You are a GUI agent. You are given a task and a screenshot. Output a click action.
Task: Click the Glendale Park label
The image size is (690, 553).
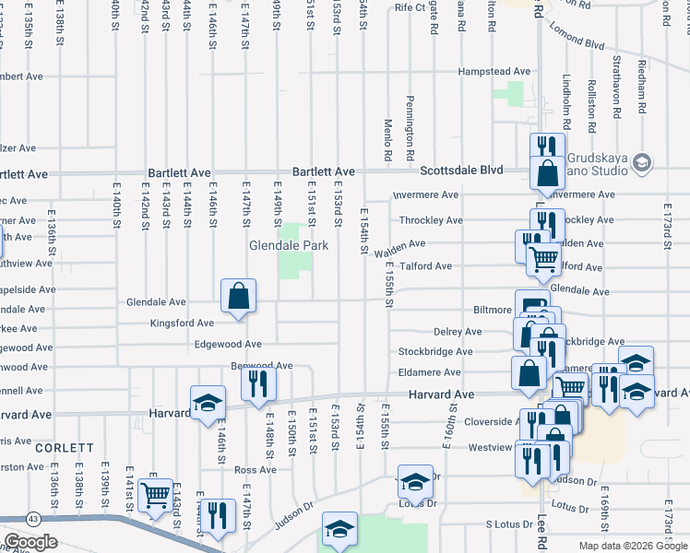click(282, 246)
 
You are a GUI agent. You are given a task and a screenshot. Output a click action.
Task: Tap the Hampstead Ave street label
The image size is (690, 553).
click(494, 71)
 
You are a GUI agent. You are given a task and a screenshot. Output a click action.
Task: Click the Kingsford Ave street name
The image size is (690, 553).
click(182, 324)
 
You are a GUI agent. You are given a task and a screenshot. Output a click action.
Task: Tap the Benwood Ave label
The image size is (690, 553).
click(262, 366)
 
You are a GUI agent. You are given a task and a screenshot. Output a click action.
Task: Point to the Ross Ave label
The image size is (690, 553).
click(256, 469)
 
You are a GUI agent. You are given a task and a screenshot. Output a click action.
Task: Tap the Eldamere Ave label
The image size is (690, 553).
click(429, 372)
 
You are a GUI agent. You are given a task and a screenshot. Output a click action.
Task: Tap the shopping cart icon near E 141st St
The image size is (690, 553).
click(154, 494)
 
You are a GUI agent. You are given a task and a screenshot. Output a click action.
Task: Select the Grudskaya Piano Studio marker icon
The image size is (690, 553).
click(642, 163)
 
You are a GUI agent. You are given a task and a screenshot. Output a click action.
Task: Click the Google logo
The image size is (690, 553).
click(30, 543)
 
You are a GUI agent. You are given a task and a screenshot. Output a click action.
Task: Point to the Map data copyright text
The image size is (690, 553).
click(633, 546)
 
